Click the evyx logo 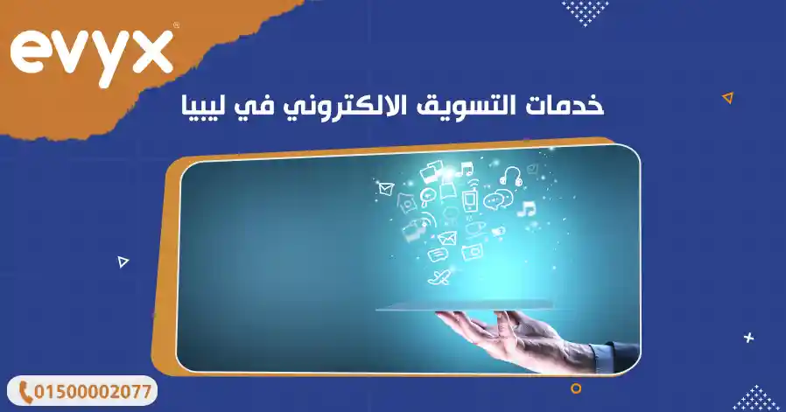(92, 53)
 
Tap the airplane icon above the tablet (440, 278)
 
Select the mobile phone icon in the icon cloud (469, 200)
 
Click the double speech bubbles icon (497, 200)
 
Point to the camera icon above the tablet (474, 252)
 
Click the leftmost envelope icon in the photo (382, 188)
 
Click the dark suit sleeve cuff (604, 353)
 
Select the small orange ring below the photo (576, 388)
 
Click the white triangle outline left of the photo (123, 261)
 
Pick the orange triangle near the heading (726, 98)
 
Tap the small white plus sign (748, 337)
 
